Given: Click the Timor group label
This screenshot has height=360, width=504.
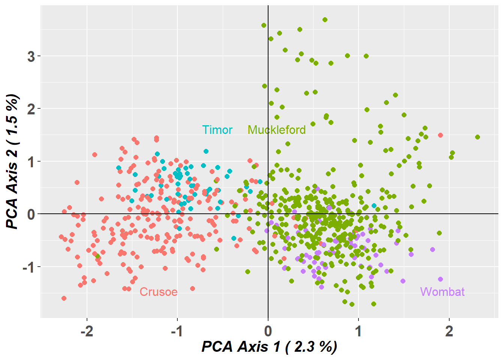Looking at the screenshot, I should click(217, 130).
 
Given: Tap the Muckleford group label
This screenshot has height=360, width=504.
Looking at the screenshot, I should click(276, 130).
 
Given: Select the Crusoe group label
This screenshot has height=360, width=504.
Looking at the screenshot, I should click(158, 292).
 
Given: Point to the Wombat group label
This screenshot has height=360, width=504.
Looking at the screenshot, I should click(442, 292).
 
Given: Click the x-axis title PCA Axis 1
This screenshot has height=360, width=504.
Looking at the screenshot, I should click(269, 346).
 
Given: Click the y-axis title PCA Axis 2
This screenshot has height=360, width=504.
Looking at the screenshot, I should click(12, 161).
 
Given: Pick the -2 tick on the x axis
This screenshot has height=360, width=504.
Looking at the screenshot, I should click(87, 331).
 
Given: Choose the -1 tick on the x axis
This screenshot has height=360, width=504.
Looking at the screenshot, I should click(177, 331).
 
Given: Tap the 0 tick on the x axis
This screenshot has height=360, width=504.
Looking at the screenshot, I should click(268, 331).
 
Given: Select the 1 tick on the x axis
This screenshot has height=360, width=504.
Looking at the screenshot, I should click(358, 331).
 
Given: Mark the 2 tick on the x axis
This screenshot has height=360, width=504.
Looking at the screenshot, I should click(449, 331).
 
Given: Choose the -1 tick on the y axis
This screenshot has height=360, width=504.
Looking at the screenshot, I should click(28, 267).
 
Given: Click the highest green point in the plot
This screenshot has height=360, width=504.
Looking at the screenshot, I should click(325, 19).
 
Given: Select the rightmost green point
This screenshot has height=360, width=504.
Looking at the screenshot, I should click(477, 137).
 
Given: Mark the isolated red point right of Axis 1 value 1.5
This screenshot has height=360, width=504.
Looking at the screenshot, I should click(440, 135).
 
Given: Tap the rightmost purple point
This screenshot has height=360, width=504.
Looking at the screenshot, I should click(440, 279).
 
